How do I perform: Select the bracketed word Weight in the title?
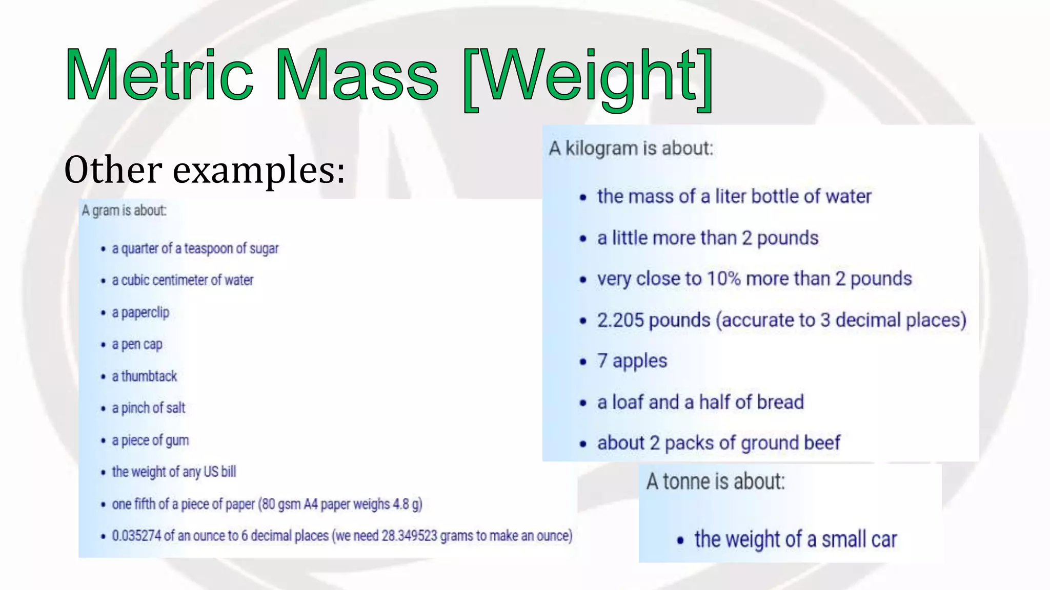588,77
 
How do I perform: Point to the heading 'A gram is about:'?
124,210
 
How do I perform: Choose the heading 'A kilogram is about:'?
631,149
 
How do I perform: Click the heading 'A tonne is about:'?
715,481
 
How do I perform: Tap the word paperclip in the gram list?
145,312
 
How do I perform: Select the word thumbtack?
149,376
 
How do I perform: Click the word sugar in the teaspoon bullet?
264,248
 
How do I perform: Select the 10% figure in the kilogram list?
723,279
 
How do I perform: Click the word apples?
640,361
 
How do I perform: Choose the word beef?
822,443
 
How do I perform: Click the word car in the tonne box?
882,539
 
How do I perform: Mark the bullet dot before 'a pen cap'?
103,345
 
